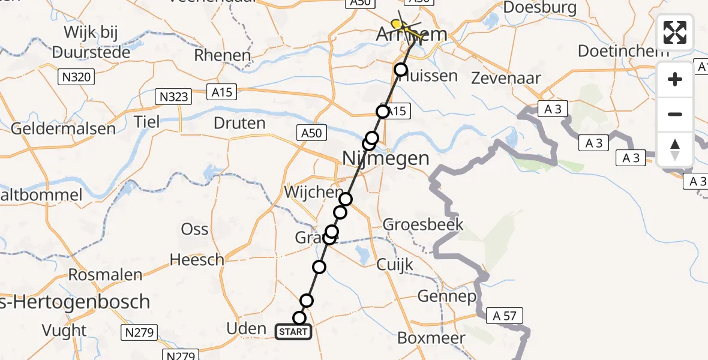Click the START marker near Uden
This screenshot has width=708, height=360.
pyautogui.click(x=293, y=331)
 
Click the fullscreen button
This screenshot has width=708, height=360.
pyautogui.click(x=675, y=32)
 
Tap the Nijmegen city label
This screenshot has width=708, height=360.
pyautogui.click(x=386, y=158)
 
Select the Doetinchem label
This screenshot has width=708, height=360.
pyautogui.click(x=623, y=51)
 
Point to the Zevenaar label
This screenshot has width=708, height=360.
pyautogui.click(x=506, y=78)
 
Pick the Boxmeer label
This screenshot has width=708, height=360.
pyautogui.click(x=431, y=338)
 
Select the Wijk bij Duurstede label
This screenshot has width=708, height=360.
pyautogui.click(x=92, y=41)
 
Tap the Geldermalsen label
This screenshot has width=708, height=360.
pyautogui.click(x=63, y=128)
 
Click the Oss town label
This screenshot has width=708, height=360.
pyautogui.click(x=195, y=229)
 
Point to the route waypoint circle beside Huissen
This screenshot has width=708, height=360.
pyautogui.click(x=401, y=70)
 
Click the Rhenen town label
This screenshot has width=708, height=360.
pyautogui.click(x=222, y=56)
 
